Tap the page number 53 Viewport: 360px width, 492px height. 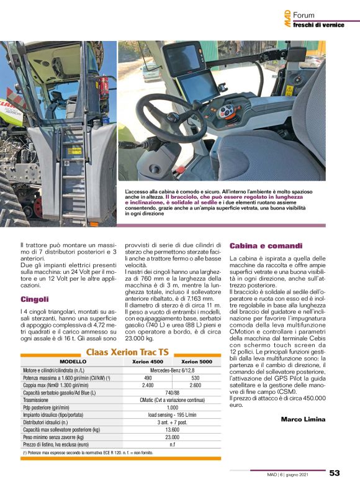[x=334, y=473]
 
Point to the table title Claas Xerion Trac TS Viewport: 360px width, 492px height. [x=127, y=352]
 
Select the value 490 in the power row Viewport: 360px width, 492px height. [x=148, y=377]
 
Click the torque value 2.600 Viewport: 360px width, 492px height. [x=196, y=385]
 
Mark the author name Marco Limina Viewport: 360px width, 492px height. [x=303, y=419]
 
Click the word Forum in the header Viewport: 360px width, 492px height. [x=304, y=15]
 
